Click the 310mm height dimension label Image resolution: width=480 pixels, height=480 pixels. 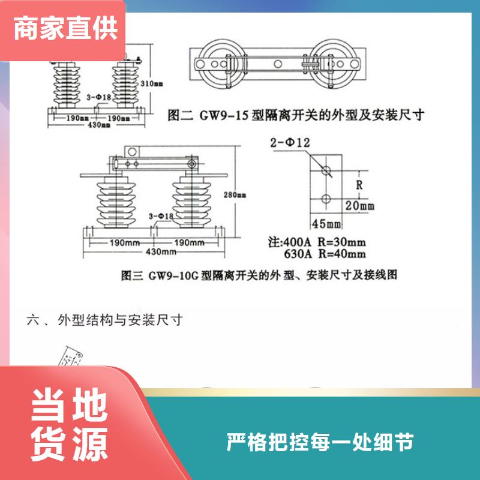pos(152,83)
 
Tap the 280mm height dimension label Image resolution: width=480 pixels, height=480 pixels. pos(235,194)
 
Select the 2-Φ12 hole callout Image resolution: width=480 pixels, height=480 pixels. pos(290,143)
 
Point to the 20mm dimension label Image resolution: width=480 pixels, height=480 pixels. pos(359,205)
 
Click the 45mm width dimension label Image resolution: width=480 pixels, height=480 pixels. pos(326,224)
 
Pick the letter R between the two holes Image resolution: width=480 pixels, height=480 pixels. pos(359,185)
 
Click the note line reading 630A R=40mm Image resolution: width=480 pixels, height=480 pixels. pos(325,254)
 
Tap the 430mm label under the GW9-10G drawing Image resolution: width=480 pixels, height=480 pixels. pos(161,251)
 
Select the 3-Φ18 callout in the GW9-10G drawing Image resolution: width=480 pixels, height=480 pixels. pos(161,216)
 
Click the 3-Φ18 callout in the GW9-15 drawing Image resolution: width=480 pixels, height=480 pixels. pos(98,97)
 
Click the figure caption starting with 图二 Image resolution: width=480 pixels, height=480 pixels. pos(296,115)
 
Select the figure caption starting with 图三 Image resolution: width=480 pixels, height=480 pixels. pos(259,275)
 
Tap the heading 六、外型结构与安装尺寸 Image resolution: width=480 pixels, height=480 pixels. pos(104,320)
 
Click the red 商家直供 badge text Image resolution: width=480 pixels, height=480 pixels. pos(65,28)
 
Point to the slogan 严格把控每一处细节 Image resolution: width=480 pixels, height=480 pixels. pos(320,442)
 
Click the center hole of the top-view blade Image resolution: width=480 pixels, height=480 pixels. pos(278,64)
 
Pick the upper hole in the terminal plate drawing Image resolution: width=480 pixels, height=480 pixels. pos(326,170)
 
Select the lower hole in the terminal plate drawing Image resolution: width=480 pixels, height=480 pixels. pos(326,199)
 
